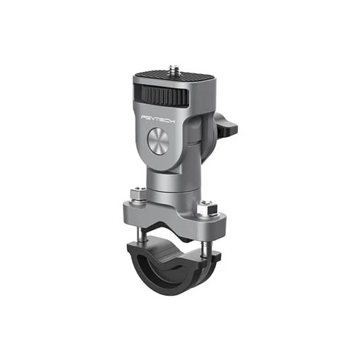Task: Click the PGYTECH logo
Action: (158, 119)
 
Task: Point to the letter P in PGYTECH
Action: (143, 117)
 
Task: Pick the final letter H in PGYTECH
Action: (172, 121)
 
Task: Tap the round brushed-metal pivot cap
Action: (158, 141)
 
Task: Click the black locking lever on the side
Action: (224, 125)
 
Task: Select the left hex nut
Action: (138, 193)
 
